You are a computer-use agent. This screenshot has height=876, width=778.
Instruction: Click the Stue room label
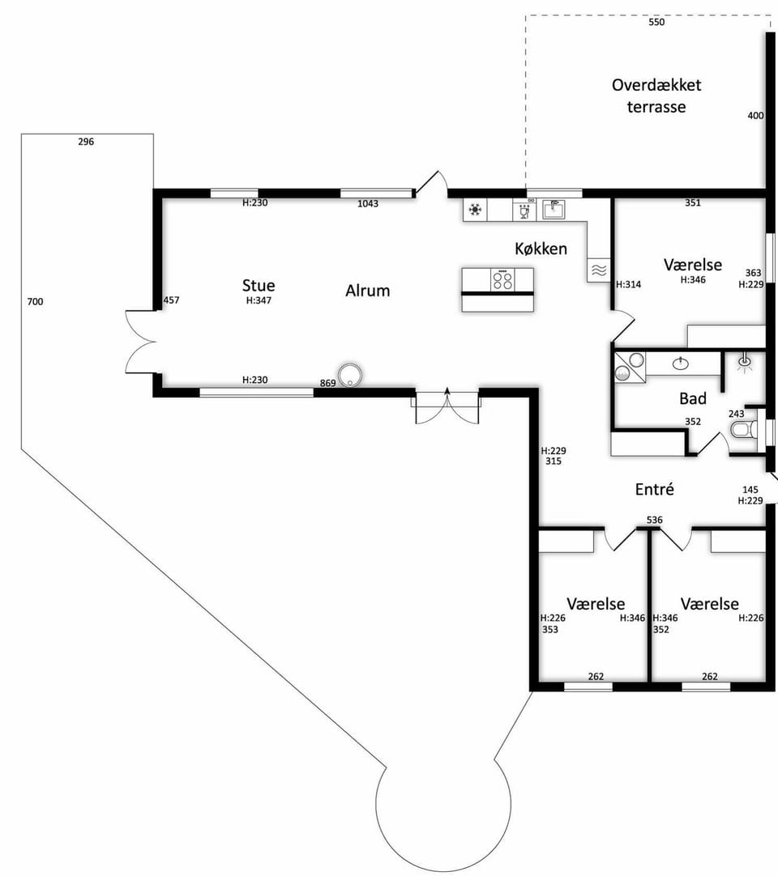(259, 286)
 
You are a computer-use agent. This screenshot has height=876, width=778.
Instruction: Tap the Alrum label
(367, 291)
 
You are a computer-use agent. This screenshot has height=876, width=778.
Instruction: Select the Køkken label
(541, 249)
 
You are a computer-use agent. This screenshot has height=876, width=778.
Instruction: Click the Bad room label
(692, 398)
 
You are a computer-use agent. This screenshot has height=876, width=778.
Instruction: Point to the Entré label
(654, 489)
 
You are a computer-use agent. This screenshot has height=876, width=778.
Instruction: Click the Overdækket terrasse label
(656, 96)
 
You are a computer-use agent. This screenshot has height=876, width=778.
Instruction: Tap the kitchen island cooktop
(502, 280)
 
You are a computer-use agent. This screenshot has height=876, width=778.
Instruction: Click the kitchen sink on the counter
(554, 210)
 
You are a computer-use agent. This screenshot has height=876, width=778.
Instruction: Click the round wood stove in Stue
(350, 374)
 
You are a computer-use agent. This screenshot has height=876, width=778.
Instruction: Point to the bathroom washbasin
(681, 364)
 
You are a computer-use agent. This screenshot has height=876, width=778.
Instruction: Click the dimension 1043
(368, 204)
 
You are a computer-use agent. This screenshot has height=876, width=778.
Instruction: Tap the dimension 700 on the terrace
(35, 302)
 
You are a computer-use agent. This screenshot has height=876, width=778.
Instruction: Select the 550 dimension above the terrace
(656, 23)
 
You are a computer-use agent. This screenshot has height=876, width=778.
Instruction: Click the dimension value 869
(327, 383)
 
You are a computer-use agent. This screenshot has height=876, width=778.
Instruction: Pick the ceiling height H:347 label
(259, 300)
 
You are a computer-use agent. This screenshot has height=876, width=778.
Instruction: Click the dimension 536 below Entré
(654, 520)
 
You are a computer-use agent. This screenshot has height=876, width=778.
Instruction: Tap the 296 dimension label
(86, 142)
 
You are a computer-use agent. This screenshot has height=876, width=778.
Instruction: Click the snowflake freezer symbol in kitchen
(476, 210)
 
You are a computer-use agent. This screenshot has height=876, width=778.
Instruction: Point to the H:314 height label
(629, 284)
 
